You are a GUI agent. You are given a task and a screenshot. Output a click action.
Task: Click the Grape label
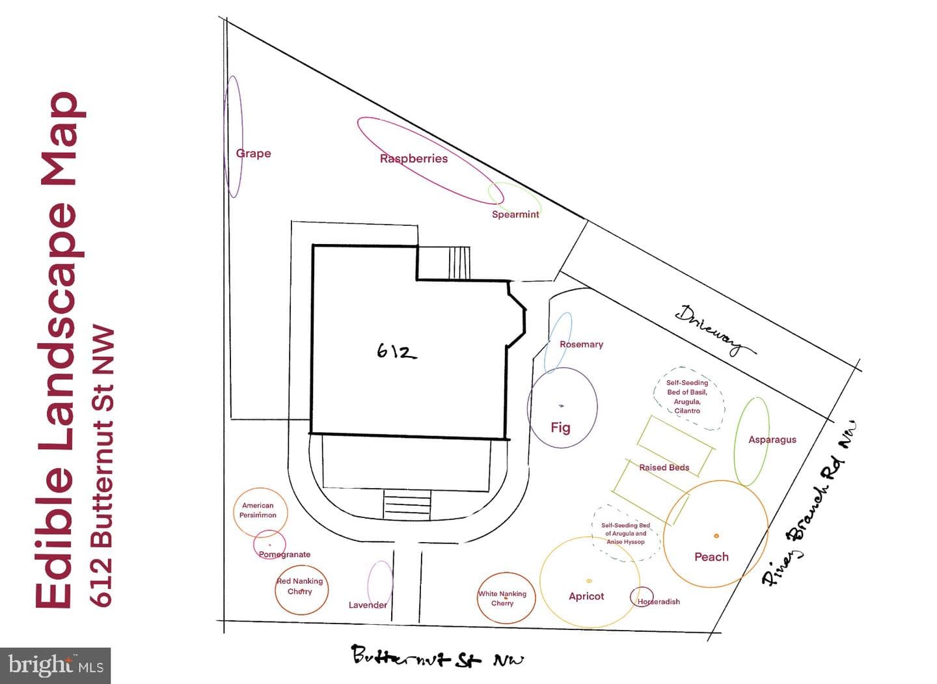click(x=254, y=154)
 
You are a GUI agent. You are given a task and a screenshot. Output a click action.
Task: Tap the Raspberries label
click(x=414, y=159)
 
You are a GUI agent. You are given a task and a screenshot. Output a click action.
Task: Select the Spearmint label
click(x=515, y=215)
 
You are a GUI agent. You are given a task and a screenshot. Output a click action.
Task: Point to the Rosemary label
click(x=582, y=344)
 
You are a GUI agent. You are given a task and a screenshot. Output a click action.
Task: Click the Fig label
click(x=560, y=428)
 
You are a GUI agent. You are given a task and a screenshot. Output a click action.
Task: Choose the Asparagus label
click(x=772, y=440)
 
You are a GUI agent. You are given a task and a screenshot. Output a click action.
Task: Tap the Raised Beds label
click(x=664, y=467)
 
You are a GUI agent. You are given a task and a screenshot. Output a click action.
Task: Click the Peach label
click(x=712, y=557)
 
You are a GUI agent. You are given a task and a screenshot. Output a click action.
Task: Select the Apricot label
click(x=586, y=597)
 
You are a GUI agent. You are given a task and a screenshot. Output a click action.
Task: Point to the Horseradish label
click(x=659, y=601)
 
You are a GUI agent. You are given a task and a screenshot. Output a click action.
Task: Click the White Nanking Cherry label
click(x=502, y=598)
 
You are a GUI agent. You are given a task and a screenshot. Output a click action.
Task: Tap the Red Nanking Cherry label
click(x=300, y=586)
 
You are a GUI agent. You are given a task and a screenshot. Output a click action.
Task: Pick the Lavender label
click(x=368, y=605)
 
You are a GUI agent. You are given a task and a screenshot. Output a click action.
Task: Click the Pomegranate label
click(x=284, y=554)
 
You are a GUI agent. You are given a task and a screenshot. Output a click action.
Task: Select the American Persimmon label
click(x=258, y=510)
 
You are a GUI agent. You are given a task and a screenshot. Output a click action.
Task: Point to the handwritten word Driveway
click(x=716, y=331)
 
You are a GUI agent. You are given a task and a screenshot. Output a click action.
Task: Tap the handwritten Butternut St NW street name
click(x=437, y=656)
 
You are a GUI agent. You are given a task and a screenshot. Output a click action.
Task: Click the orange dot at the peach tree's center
click(x=716, y=536)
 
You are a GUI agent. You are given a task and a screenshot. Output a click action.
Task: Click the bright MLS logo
click(x=55, y=665)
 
